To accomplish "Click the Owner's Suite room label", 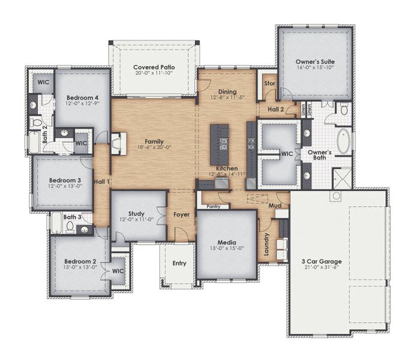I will [315, 62].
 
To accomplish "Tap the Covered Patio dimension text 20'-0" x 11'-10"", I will [154, 74].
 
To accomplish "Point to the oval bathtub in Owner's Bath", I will [345, 142].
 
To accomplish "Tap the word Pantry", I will [213, 206].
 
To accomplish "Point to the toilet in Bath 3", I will [71, 227].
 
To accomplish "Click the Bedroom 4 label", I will [82, 98].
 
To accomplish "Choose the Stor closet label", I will [269, 83].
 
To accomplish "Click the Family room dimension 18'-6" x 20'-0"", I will [154, 148].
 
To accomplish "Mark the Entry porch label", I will [179, 263].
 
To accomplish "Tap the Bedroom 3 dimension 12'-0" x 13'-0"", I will [65, 186].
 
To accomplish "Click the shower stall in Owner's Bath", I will [341, 177].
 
